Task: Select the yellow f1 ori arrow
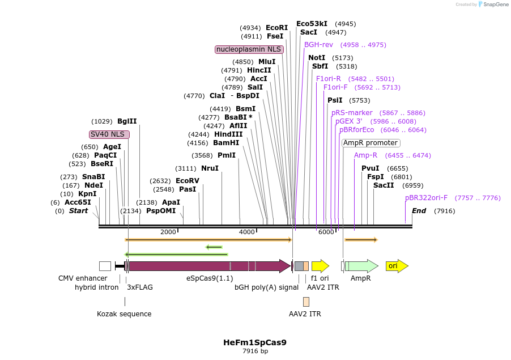(320, 266)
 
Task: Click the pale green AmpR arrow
(363, 266)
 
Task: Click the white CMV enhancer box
(105, 266)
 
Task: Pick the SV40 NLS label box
(109, 134)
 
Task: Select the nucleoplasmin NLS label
(249, 49)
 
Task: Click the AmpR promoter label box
(371, 143)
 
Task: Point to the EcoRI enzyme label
(277, 28)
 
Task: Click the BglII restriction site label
(127, 121)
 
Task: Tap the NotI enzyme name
(317, 58)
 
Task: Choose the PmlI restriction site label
(226, 155)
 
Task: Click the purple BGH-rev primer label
(318, 45)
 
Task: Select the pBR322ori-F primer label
(426, 198)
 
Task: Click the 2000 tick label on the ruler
(168, 232)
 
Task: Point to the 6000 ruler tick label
(326, 232)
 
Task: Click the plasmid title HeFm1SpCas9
(255, 342)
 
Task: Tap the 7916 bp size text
(255, 351)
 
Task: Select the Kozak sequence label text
(124, 314)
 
